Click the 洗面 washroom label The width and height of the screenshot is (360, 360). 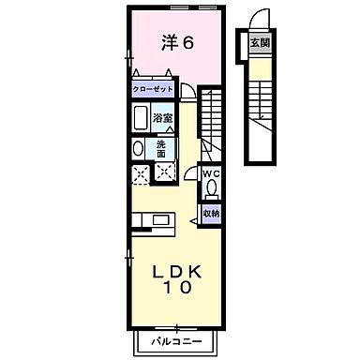[161, 146]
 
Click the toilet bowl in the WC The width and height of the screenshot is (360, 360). [212, 187]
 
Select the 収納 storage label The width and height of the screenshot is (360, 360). [212, 214]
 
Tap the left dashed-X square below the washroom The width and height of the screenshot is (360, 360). [142, 172]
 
